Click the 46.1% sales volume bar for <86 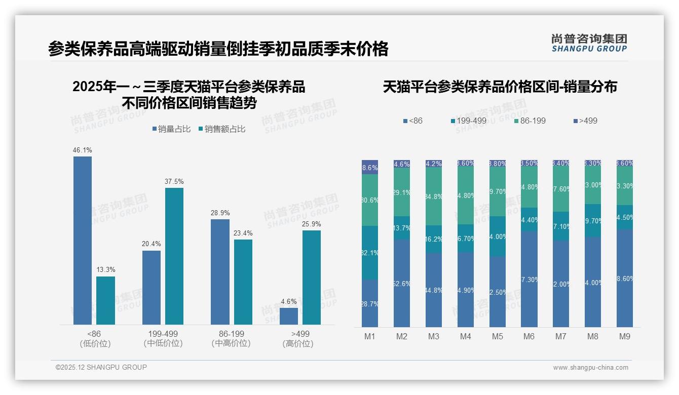tap(83, 240)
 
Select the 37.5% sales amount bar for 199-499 tap(174, 256)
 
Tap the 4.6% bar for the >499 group tap(289, 316)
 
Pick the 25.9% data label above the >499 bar tap(312, 224)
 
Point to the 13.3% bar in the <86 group tap(105, 300)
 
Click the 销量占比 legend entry tap(171, 129)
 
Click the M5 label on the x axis tap(497, 337)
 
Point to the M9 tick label tap(625, 337)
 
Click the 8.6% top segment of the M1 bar tap(370, 167)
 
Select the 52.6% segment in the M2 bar tap(402, 283)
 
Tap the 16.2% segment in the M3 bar tap(434, 239)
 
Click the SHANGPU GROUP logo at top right tap(589, 43)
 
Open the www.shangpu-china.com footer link tap(590, 368)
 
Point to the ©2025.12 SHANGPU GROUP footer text tap(101, 367)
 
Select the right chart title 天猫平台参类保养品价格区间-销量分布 tap(500, 87)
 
